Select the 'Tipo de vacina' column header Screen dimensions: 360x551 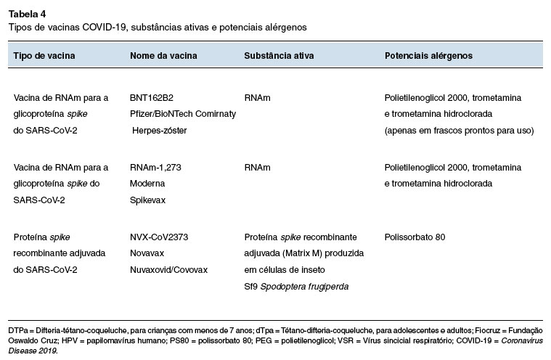coord(44,55)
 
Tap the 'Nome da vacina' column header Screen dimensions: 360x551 coord(163,55)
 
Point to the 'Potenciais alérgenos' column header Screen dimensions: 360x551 coord(428,55)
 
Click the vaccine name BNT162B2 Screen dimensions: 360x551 coord(152,97)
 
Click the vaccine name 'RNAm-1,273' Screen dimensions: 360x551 coord(155,168)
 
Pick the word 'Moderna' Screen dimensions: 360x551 coord(147,184)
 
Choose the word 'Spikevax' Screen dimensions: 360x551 coord(147,200)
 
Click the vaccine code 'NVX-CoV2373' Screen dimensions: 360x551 coord(158,237)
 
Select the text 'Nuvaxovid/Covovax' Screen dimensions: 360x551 coord(168,270)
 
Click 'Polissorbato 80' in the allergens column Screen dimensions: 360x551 coord(415,237)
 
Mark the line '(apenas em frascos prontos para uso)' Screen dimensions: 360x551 coord(459,131)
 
